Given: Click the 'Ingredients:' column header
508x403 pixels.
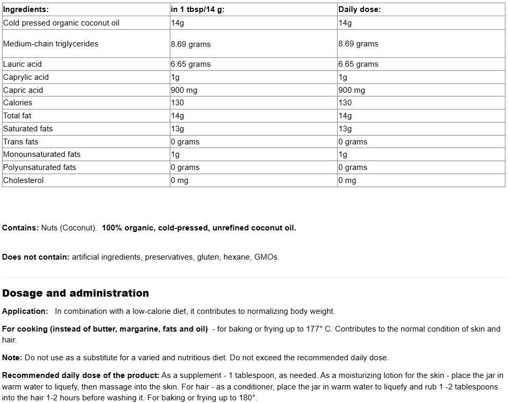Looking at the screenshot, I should [x=26, y=9].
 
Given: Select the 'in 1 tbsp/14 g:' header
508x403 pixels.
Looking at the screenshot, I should [x=197, y=9].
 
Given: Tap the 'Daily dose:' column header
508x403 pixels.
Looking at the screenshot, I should [x=359, y=9].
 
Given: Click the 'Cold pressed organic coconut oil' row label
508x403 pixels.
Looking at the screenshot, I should [x=61, y=23].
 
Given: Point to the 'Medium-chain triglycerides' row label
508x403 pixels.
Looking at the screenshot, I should [x=51, y=44].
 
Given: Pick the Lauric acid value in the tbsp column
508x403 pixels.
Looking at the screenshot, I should [x=191, y=64].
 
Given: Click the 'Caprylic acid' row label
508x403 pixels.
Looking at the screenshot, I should [x=26, y=77].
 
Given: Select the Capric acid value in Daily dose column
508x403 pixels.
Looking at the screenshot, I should [x=352, y=90].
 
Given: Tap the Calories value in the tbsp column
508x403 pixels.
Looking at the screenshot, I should [x=178, y=103].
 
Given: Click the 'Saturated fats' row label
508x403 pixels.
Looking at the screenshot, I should [x=28, y=129].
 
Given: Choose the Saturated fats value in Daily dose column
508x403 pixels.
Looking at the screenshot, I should [x=345, y=129].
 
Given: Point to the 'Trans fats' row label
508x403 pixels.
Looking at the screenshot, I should [x=21, y=142].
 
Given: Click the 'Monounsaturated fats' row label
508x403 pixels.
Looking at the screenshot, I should [x=42, y=154].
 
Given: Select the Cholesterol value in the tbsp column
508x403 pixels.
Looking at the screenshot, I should [x=180, y=180].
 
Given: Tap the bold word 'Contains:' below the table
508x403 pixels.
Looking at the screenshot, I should [x=20, y=228].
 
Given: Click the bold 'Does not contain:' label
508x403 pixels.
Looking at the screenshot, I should [x=36, y=257].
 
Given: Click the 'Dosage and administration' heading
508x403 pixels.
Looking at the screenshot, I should [x=76, y=293].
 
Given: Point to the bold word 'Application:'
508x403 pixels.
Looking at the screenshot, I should [x=25, y=311].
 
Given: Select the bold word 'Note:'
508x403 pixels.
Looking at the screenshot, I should [x=12, y=358].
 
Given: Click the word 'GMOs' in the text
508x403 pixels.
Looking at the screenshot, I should [x=266, y=257].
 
